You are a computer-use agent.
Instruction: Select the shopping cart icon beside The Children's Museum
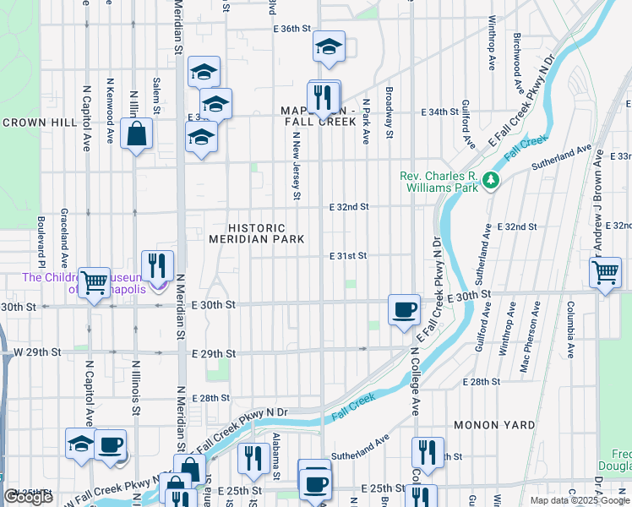pos(94,281)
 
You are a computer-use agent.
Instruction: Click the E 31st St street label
pos(349,256)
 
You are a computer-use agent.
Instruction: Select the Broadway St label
pos(389,112)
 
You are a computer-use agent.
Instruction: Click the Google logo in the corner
pos(29,497)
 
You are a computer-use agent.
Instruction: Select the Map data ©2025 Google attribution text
pos(580,500)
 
